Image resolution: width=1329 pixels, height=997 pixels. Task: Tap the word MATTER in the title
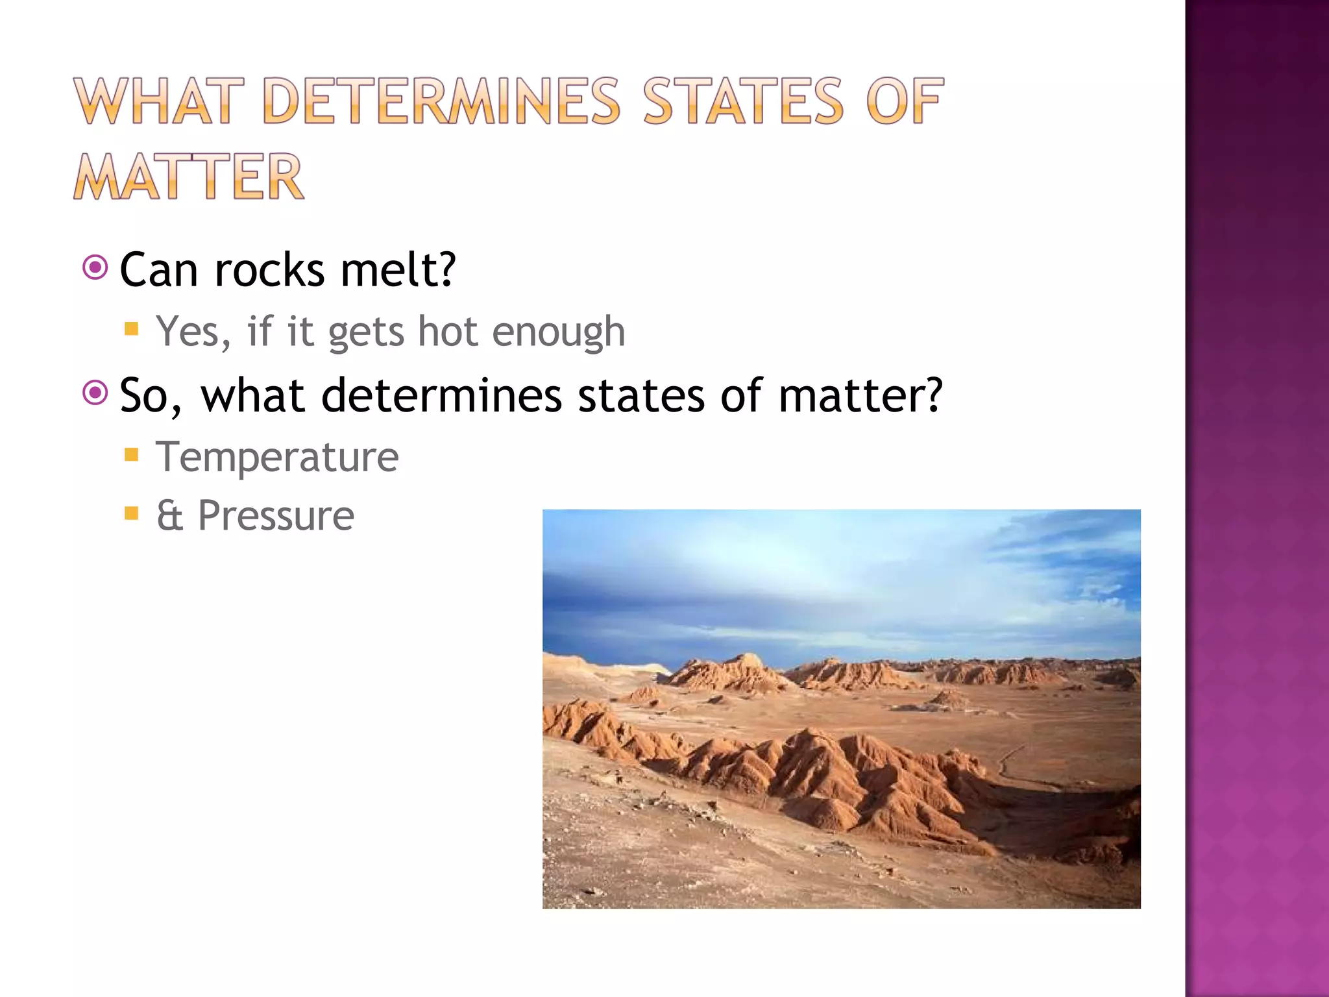tap(188, 177)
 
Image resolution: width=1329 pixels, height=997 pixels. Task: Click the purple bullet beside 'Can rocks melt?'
tap(95, 267)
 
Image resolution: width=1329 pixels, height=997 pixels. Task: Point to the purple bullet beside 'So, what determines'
tap(95, 393)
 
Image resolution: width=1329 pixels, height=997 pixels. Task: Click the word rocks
tap(269, 270)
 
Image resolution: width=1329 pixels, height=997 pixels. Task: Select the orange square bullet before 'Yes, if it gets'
tap(132, 328)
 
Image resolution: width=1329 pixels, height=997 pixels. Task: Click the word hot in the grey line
tap(447, 332)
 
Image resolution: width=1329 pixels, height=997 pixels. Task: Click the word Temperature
tap(277, 458)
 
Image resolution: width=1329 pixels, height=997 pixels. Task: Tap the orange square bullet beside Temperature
tap(132, 454)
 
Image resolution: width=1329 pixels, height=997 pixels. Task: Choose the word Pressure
tap(276, 517)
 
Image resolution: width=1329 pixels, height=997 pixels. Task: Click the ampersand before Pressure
tap(169, 517)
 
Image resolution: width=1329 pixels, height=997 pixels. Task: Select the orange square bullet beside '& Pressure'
tap(132, 514)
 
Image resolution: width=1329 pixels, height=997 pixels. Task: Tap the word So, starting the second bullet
tap(151, 395)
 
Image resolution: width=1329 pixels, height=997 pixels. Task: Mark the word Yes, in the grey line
tap(193, 332)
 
